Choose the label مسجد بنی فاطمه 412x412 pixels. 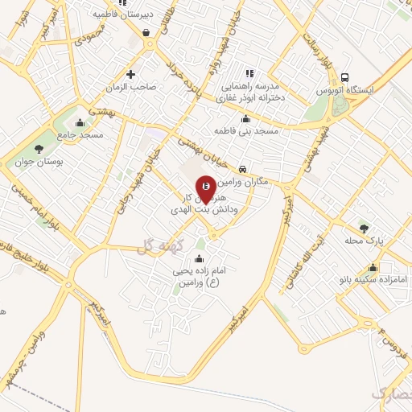[245, 130]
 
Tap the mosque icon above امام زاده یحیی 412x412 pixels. [200, 258]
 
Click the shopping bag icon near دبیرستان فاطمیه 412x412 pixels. [145, 32]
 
